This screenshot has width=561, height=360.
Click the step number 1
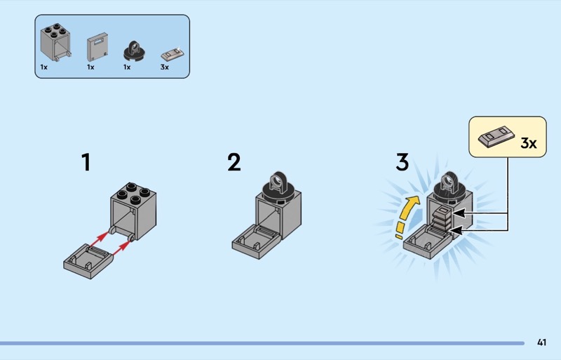pyautogui.click(x=86, y=163)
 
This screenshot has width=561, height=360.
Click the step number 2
pyautogui.click(x=234, y=163)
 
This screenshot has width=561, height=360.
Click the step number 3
pyautogui.click(x=402, y=163)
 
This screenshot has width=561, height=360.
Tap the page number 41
pyautogui.click(x=541, y=342)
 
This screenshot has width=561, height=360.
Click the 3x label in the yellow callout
pyautogui.click(x=528, y=144)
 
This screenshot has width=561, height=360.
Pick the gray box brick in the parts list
pyautogui.click(x=55, y=44)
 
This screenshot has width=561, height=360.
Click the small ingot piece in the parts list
pyautogui.click(x=171, y=53)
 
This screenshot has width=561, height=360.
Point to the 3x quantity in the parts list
pyautogui.click(x=165, y=67)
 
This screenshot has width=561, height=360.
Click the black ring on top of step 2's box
pyautogui.click(x=280, y=185)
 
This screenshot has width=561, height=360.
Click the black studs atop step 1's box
pyautogui.click(x=133, y=192)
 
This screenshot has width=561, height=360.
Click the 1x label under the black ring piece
pyautogui.click(x=127, y=67)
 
